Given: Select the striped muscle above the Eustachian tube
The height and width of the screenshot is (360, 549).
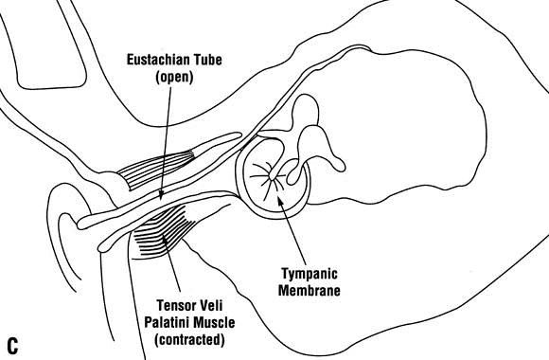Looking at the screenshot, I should tap(161, 165).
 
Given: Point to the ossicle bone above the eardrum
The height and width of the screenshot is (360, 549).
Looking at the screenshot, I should tap(309, 133).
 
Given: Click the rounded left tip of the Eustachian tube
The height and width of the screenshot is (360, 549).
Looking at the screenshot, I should tap(80, 222).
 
